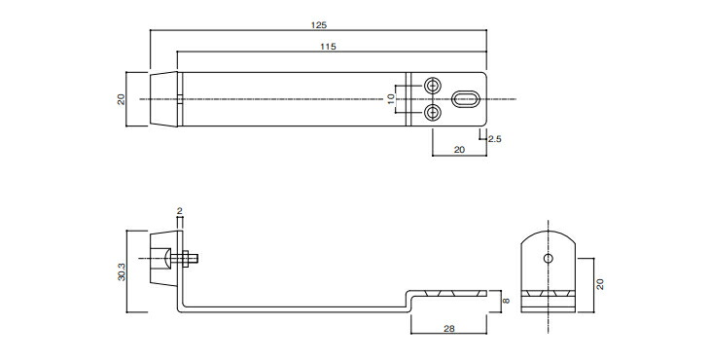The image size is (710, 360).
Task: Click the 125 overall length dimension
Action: pyautogui.click(x=319, y=25)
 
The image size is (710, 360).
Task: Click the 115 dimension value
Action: pyautogui.click(x=329, y=47)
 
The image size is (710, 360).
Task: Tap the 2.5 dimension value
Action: pyautogui.click(x=494, y=139)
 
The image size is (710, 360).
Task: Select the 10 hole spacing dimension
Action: pyautogui.click(x=391, y=98)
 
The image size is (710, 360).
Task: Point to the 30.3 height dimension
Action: pyautogui.click(x=122, y=271)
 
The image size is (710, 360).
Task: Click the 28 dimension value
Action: pyautogui.click(x=448, y=328)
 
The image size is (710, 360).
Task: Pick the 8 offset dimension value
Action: pyautogui.click(x=506, y=301)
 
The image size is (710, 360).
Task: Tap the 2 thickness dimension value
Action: pyautogui.click(x=180, y=211)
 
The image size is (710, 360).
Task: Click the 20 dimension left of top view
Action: pyautogui.click(x=122, y=99)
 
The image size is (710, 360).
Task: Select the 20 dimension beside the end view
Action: pyautogui.click(x=600, y=284)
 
